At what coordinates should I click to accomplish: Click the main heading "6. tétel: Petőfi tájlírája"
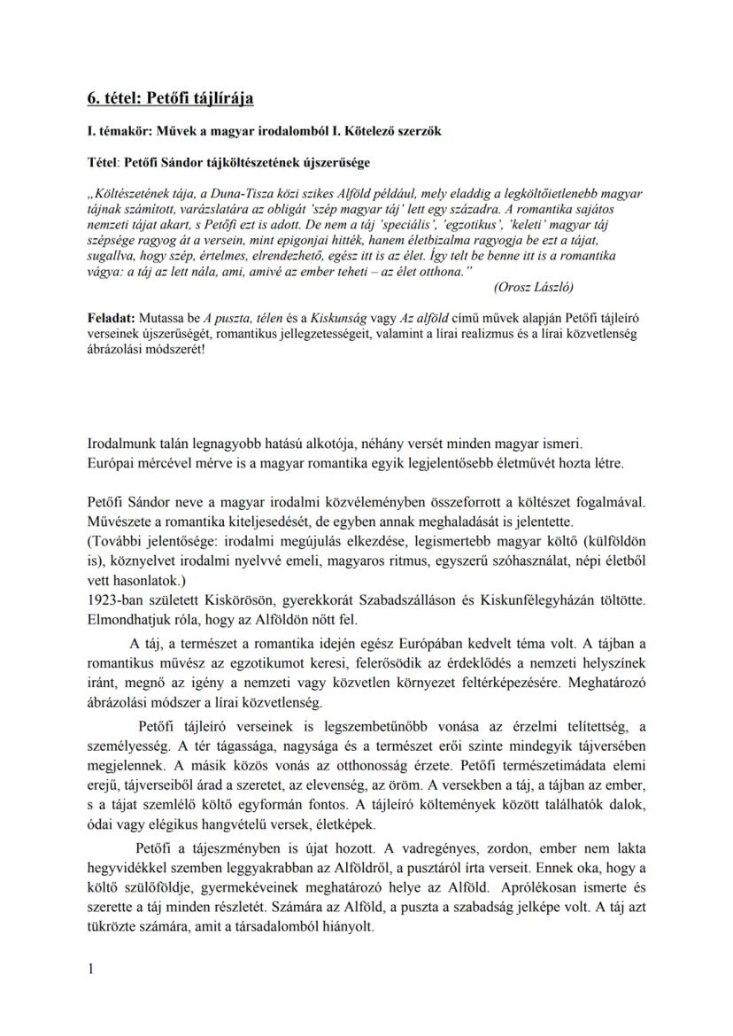pos(170,98)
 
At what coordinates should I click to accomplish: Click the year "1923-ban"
pos(115,602)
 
